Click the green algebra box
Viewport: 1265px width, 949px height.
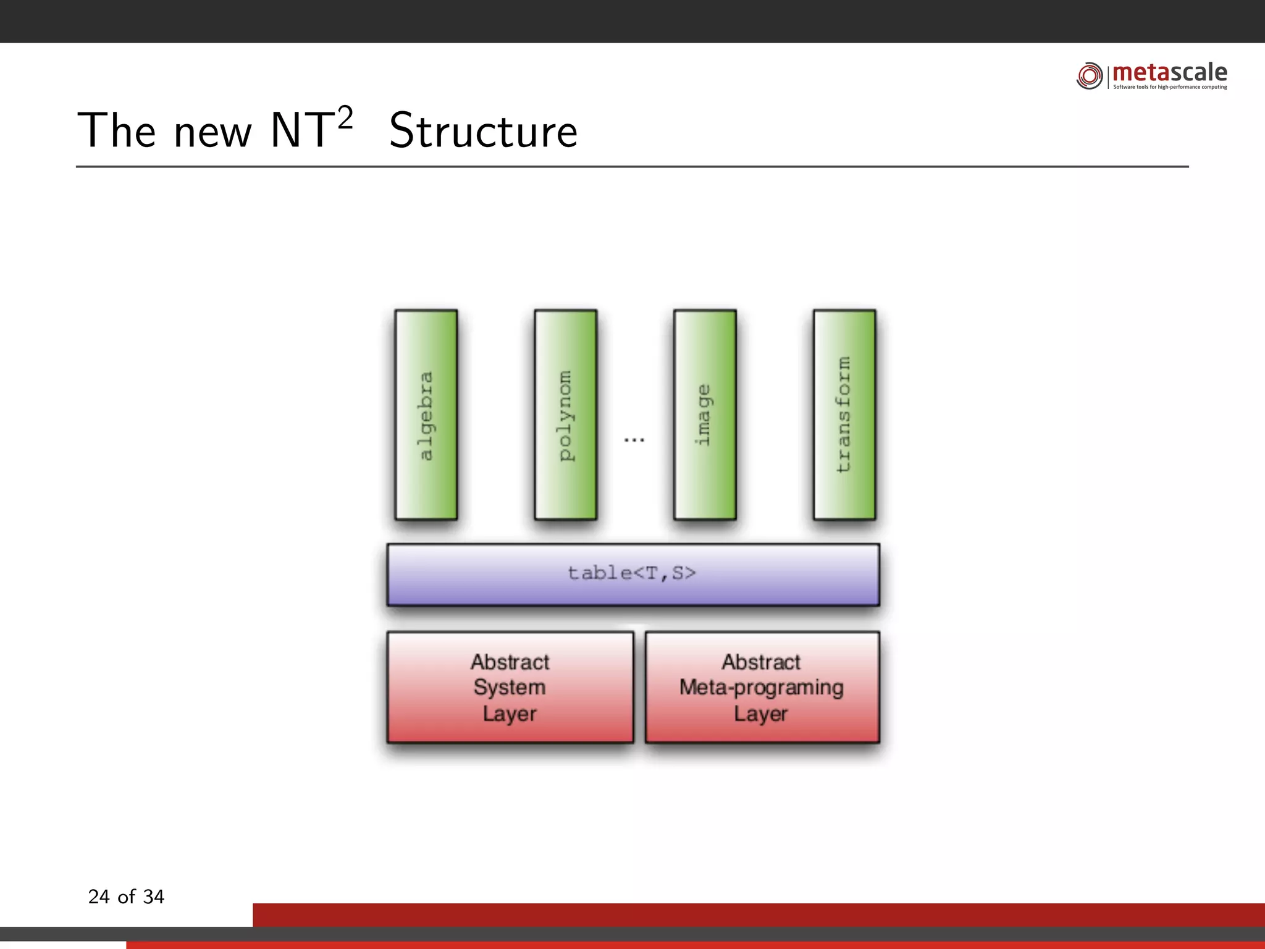[x=426, y=415]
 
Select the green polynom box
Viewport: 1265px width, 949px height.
[x=565, y=415]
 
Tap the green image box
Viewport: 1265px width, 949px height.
[x=705, y=415]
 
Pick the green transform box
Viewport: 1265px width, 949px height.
[x=844, y=415]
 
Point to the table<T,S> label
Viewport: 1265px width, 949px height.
[x=632, y=573]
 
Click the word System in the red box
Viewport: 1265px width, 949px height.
[x=510, y=687]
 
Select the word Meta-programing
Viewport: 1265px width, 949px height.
[x=761, y=687]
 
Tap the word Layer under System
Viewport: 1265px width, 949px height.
[x=510, y=714]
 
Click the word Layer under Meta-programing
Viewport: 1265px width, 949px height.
[x=761, y=714]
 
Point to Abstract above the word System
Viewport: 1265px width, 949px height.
[x=510, y=662]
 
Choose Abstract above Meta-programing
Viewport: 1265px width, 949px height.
[x=761, y=662]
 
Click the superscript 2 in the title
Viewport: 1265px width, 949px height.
[x=345, y=117]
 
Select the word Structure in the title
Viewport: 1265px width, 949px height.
[x=484, y=131]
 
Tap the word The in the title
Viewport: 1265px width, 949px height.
[x=116, y=131]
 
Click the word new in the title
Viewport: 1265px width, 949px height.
[x=213, y=133]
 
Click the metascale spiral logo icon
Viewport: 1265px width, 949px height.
[x=1090, y=76]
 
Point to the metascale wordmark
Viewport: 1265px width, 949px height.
[x=1170, y=73]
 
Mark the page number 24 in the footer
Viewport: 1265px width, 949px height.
[x=99, y=896]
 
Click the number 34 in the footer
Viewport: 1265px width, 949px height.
[x=153, y=896]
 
